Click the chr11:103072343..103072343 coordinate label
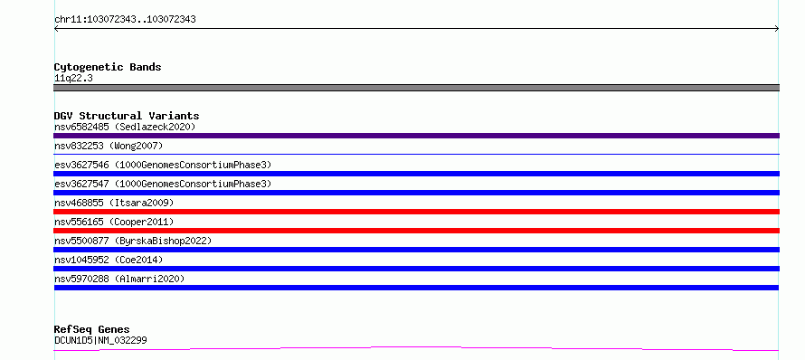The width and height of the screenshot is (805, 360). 125,20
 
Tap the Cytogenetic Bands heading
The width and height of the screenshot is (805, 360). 108,67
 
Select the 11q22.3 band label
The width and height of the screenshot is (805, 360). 73,79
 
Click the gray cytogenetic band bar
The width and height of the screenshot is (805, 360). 416,88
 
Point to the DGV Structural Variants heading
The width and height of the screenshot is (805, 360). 127,116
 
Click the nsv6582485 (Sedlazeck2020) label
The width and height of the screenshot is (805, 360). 125,127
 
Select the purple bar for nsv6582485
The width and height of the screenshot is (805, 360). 416,136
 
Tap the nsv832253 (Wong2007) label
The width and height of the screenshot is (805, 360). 109,146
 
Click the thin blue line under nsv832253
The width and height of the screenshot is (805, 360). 416,154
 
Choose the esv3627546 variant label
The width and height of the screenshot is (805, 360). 163,165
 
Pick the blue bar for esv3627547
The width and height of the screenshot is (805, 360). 416,193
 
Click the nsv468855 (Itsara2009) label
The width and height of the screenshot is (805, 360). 114,203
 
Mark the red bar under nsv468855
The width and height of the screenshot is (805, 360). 416,212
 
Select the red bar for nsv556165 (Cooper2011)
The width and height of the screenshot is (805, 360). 416,231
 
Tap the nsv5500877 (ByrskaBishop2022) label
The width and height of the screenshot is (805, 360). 133,241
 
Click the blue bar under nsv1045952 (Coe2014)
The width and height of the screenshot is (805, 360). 416,269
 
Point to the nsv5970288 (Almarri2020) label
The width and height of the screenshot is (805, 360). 119,279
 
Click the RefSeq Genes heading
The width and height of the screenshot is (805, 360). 92,330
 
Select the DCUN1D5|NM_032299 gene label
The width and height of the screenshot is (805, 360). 100,340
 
